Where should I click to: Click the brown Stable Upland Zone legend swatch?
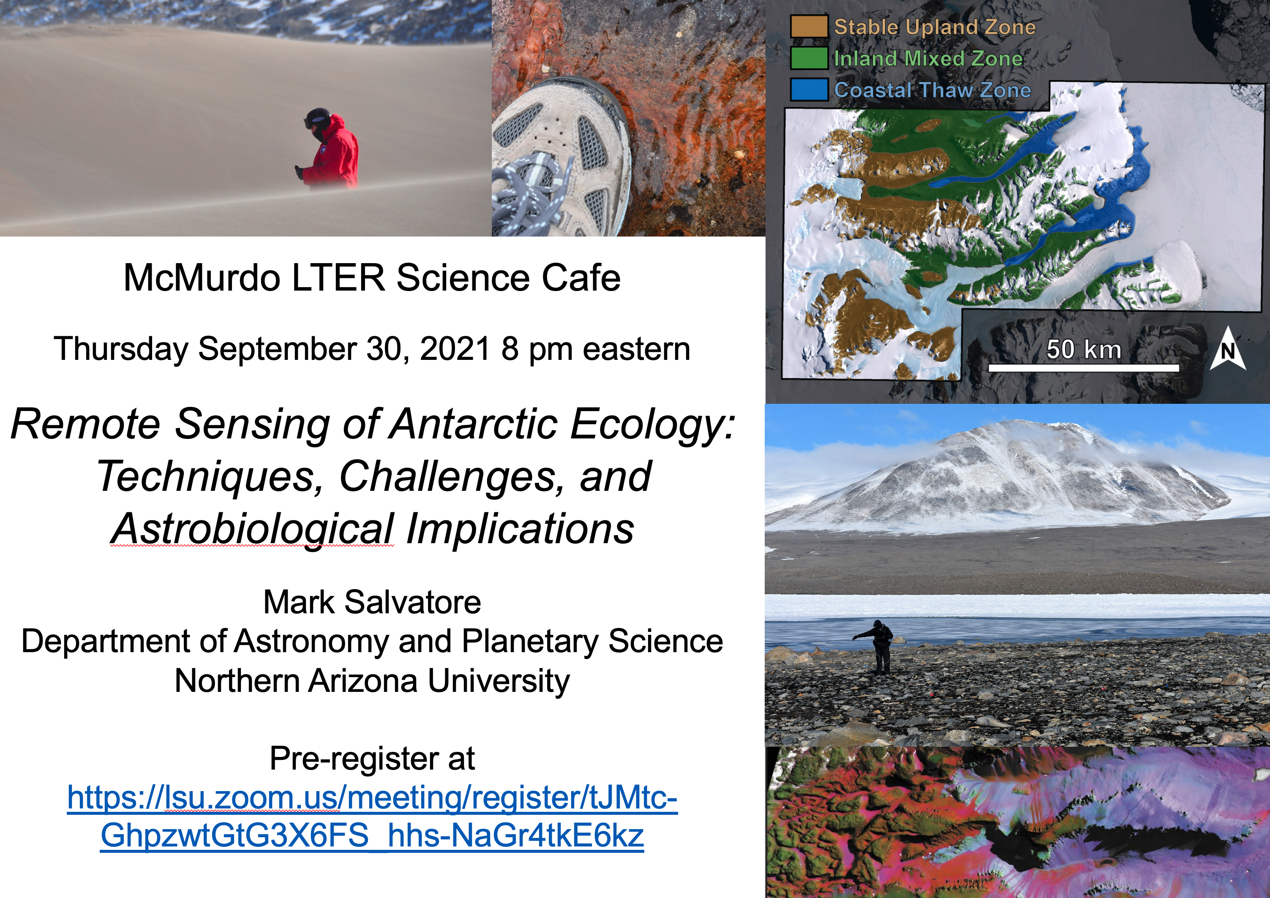[x=809, y=27]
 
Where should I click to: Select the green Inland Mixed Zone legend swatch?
[x=809, y=58]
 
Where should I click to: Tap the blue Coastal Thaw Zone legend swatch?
[x=809, y=90]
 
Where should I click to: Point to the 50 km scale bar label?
[x=1084, y=349]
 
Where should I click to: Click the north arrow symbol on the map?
[x=1228, y=348]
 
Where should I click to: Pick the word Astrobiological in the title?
[x=253, y=529]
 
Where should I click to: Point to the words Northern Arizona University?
[x=372, y=681]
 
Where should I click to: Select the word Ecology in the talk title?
[x=653, y=425]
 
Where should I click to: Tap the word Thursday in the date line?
[x=121, y=349]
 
